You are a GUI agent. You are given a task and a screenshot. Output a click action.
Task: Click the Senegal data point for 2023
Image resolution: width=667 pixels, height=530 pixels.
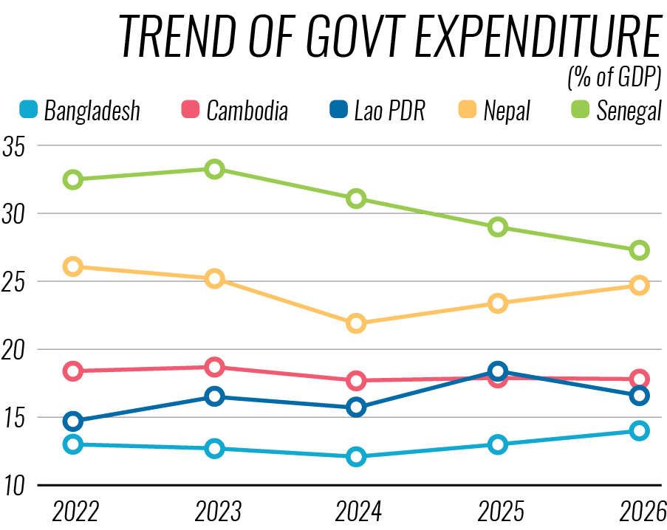[x=214, y=169]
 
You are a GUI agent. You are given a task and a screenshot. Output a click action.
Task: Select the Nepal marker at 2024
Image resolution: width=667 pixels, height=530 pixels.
[x=356, y=323]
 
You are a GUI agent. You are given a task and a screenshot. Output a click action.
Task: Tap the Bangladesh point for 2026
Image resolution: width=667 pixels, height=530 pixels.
[x=640, y=430]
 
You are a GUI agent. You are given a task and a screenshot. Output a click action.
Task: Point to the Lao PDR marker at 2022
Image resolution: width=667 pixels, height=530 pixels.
[x=72, y=421]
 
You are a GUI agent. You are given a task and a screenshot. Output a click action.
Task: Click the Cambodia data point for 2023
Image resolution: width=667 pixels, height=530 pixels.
[x=214, y=367]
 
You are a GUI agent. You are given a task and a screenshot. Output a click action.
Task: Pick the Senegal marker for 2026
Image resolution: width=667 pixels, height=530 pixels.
[x=640, y=250]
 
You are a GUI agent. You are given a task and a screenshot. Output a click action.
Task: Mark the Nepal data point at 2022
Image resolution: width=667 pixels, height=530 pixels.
[x=72, y=266]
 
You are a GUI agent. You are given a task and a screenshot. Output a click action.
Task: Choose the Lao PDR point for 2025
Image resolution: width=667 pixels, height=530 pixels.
[x=498, y=371]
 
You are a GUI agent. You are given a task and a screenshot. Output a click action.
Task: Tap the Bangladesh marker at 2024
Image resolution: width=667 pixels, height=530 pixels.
[x=356, y=456]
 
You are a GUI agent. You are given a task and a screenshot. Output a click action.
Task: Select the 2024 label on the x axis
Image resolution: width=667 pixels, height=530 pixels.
[x=356, y=511]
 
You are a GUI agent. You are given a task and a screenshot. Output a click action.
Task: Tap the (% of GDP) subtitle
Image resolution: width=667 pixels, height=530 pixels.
[x=613, y=77]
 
